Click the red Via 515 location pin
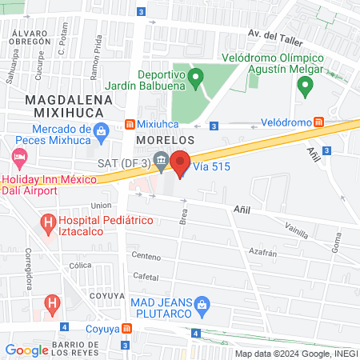click(x=180, y=162)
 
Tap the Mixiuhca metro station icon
click(x=130, y=126)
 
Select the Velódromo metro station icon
click(x=319, y=122)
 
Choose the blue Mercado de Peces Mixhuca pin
click(x=101, y=130)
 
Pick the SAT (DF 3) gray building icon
click(x=161, y=162)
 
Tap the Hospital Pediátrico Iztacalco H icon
click(x=48, y=220)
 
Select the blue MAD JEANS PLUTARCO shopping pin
click(x=202, y=303)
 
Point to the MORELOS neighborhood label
click(x=166, y=139)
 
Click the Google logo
click(x=26, y=350)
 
